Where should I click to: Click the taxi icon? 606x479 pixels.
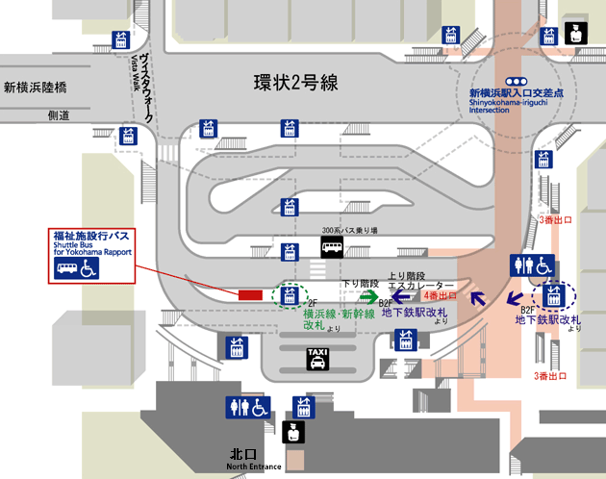(316, 359)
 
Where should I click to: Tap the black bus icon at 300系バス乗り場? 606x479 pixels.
(332, 249)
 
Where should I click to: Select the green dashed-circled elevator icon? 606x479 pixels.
(287, 294)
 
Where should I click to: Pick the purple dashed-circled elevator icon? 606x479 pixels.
(551, 294)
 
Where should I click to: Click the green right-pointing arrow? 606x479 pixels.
(368, 298)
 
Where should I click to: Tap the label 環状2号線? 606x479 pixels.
(295, 84)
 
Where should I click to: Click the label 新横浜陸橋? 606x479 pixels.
(37, 87)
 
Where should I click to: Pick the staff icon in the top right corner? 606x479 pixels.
(574, 31)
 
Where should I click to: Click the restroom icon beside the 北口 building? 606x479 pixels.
(247, 407)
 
